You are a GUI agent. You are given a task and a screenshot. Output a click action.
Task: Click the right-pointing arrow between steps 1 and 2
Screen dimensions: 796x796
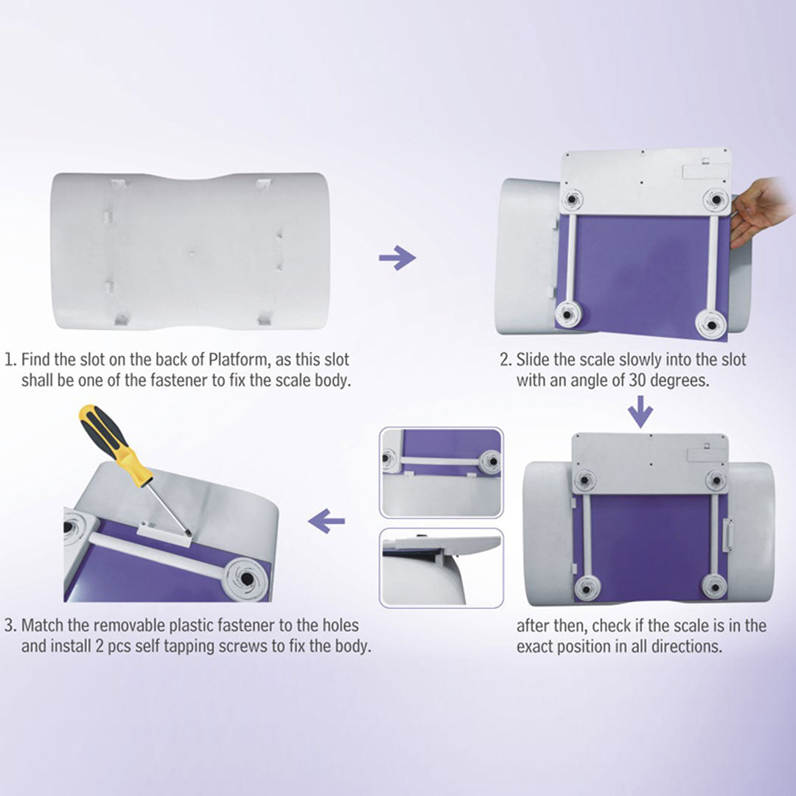[x=397, y=258]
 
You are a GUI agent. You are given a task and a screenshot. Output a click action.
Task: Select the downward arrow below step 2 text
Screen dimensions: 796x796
[x=640, y=411]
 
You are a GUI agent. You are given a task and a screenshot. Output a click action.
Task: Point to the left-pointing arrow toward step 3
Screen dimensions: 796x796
[x=327, y=521]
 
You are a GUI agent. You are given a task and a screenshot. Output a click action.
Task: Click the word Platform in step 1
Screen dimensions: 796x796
[x=239, y=360]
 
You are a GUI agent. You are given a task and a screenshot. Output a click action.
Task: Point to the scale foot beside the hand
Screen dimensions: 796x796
[x=716, y=200]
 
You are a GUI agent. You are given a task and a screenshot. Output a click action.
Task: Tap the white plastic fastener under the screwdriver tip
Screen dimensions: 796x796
[x=164, y=533]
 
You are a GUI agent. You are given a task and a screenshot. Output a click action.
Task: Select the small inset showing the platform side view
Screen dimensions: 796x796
[x=441, y=568]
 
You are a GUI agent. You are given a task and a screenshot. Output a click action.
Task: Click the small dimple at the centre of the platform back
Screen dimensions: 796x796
[x=192, y=252]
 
